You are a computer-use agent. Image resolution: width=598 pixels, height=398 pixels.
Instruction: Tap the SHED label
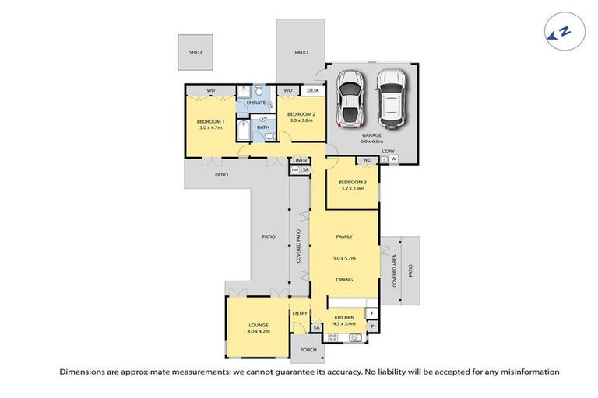pyautogui.click(x=195, y=52)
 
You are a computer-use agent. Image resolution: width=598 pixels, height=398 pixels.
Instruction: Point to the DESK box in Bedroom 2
pyautogui.click(x=313, y=90)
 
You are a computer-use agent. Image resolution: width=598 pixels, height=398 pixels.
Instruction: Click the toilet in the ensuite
pyautogui.click(x=241, y=90)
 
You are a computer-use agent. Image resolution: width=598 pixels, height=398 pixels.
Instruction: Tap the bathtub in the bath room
pyautogui.click(x=243, y=130)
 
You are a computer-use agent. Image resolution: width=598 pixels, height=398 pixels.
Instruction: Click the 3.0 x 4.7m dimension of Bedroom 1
pyautogui.click(x=210, y=127)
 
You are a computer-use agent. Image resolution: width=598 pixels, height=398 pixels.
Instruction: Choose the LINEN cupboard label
pyautogui.click(x=300, y=160)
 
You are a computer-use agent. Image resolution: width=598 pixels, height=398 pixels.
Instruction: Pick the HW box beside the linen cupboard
pyautogui.click(x=295, y=169)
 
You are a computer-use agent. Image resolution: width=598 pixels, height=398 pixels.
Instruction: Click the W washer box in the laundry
pyautogui.click(x=393, y=159)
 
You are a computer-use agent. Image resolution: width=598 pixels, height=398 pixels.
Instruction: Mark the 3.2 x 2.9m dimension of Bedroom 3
pyautogui.click(x=352, y=189)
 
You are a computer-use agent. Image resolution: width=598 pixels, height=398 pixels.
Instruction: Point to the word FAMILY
pyautogui.click(x=344, y=236)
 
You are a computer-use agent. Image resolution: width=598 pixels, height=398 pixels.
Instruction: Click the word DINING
pyautogui.click(x=344, y=279)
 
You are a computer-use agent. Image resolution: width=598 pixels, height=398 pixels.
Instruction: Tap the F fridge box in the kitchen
pyautogui.click(x=372, y=312)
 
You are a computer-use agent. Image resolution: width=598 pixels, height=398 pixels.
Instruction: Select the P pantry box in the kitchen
pyautogui.click(x=372, y=326)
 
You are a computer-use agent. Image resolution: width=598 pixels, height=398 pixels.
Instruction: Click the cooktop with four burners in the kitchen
pyautogui.click(x=334, y=337)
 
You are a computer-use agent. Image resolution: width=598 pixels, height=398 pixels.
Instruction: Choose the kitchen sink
pyautogui.click(x=355, y=337)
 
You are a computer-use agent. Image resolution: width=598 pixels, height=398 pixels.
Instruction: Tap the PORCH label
pyautogui.click(x=308, y=350)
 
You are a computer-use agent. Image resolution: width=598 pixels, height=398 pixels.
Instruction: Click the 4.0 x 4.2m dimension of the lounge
pyautogui.click(x=259, y=332)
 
